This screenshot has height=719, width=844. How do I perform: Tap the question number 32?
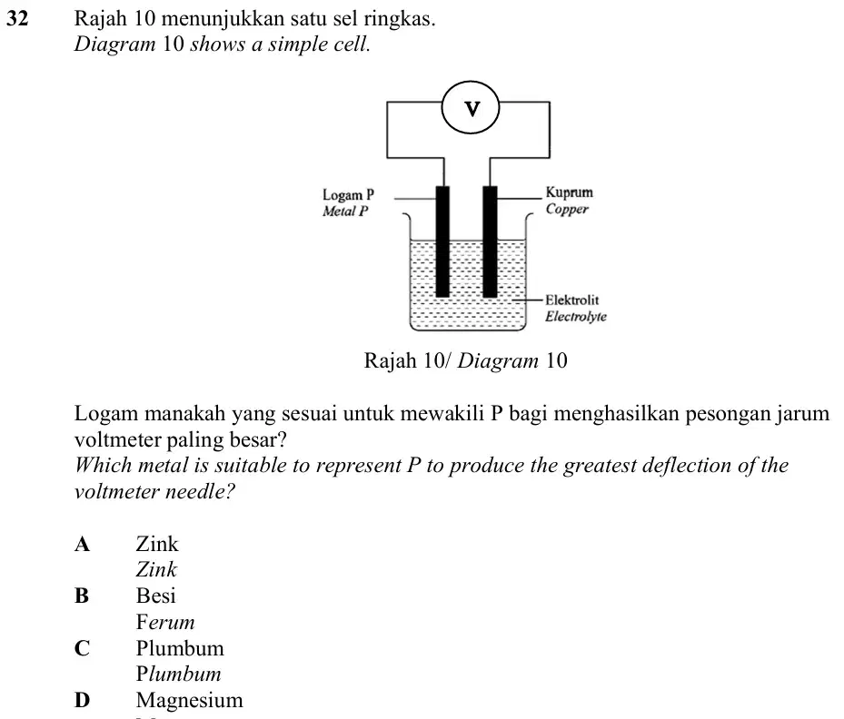(x=17, y=18)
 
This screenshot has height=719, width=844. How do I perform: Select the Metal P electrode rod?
(x=442, y=241)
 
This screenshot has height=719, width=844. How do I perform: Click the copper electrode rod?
(x=490, y=241)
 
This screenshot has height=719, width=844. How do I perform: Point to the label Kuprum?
(x=569, y=192)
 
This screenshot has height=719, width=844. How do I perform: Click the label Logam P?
(x=348, y=194)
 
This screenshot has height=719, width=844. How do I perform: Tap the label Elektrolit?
(x=571, y=300)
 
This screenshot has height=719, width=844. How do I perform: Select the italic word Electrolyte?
(x=575, y=316)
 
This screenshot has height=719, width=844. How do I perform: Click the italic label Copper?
(x=567, y=209)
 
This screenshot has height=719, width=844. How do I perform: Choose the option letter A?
(x=82, y=544)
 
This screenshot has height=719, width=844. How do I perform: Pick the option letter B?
(x=81, y=596)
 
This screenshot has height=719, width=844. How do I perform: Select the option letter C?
(x=82, y=648)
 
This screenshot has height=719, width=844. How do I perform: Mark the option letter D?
(x=82, y=700)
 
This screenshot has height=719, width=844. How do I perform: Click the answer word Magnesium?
(x=190, y=701)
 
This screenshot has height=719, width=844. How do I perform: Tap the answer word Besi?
(x=156, y=596)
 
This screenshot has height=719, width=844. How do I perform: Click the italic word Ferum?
(x=165, y=622)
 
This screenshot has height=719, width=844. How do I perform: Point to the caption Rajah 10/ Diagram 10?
(x=465, y=360)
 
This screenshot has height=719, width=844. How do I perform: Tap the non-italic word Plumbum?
(x=180, y=648)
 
